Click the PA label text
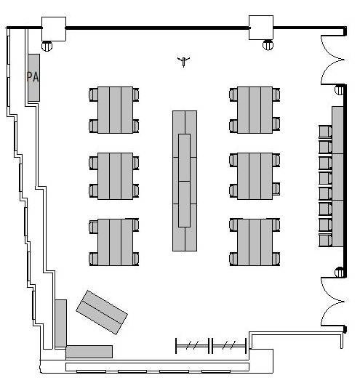tap(33, 77)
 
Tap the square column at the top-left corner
tap(54, 29)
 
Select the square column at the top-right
tap(261, 28)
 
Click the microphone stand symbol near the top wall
tap(183, 61)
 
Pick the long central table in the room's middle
tap(185, 181)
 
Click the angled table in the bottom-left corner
tap(102, 313)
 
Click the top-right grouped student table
tap(255, 110)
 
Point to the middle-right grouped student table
tap(255, 176)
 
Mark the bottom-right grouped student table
tap(255, 242)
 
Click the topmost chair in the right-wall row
tap(325, 132)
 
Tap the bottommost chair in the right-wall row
tap(325, 241)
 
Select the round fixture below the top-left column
tap(47, 46)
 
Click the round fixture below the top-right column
tap(268, 45)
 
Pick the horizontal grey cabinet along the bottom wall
tap(89, 352)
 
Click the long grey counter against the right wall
tap(337, 177)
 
